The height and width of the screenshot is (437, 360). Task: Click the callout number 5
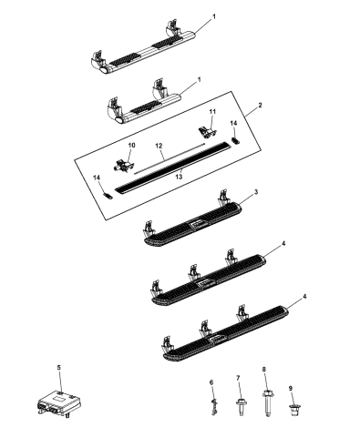(59, 367)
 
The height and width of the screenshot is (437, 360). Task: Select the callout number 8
(265, 371)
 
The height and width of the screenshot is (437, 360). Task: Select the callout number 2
(260, 107)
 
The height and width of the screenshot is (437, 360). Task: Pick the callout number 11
(211, 111)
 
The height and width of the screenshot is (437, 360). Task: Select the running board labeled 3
(196, 228)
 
